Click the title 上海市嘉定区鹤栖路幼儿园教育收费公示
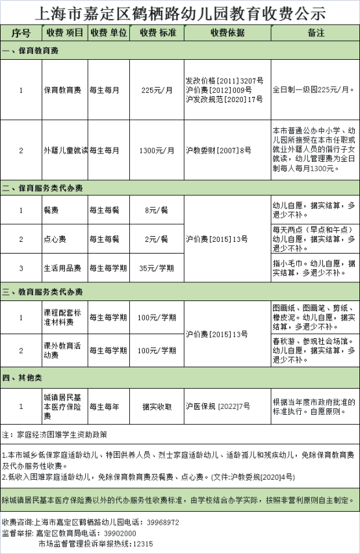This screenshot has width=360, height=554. [x=179, y=12]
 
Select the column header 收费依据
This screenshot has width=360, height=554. [x=227, y=33]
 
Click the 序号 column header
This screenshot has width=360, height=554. [x=21, y=33]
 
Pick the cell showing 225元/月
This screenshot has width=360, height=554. [x=157, y=90]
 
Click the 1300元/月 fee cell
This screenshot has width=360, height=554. [x=157, y=150]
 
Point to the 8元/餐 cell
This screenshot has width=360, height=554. [x=157, y=210]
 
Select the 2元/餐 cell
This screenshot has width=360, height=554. [x=157, y=239]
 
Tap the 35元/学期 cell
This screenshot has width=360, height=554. [x=157, y=268]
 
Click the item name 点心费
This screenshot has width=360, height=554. [x=55, y=239]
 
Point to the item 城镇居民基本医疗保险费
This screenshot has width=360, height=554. [x=64, y=406]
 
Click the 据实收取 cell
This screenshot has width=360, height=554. [x=157, y=406]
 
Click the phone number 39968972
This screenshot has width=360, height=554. [x=162, y=522]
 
